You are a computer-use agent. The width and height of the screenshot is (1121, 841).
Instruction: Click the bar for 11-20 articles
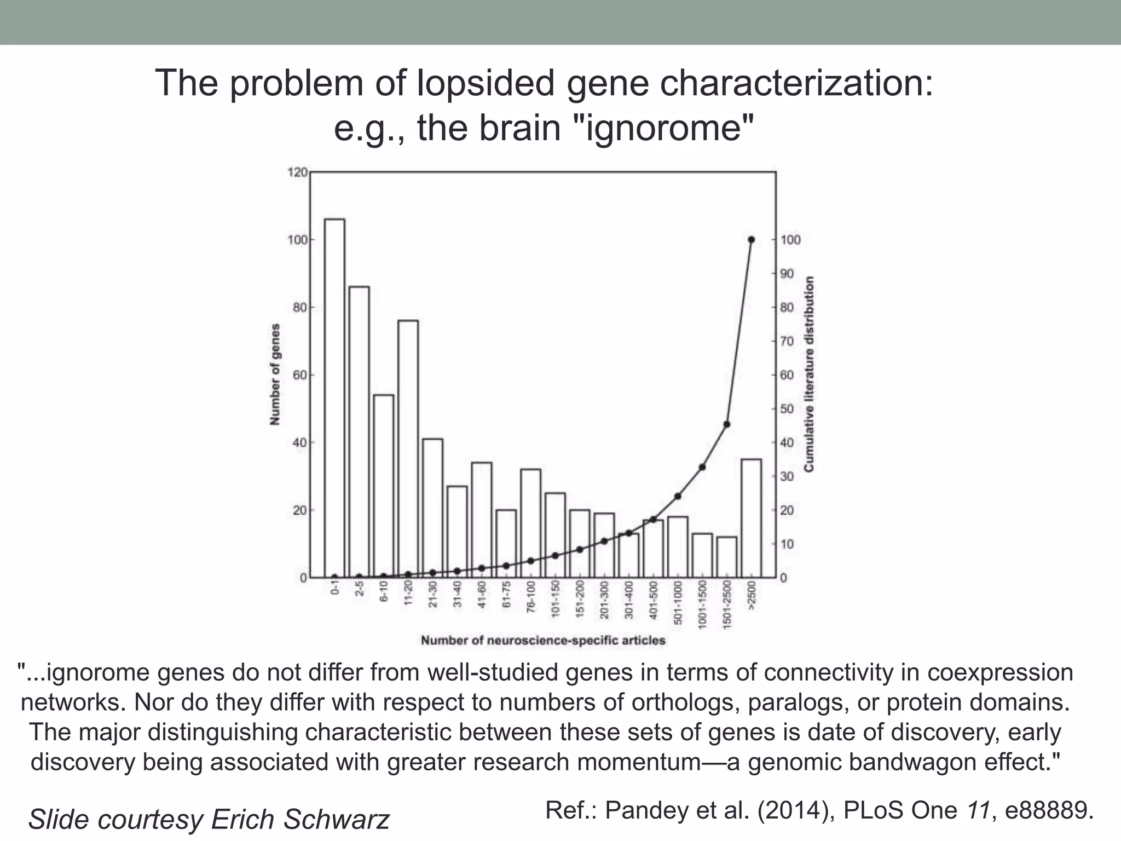tap(408, 449)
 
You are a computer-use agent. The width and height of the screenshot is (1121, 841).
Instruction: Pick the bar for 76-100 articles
tap(530, 523)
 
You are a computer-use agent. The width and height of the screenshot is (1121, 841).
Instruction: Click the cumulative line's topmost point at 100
tap(751, 240)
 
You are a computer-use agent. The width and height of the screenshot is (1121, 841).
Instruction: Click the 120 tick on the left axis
tap(298, 172)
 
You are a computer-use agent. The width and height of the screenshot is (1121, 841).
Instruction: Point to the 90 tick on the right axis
tap(787, 274)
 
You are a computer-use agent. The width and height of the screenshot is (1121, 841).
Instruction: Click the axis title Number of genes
tap(275, 375)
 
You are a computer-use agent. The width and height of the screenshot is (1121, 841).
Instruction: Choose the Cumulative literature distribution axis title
tap(809, 374)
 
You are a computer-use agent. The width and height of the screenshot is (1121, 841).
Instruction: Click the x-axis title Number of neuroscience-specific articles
tap(543, 640)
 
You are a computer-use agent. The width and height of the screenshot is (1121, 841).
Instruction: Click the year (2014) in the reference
tap(796, 810)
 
